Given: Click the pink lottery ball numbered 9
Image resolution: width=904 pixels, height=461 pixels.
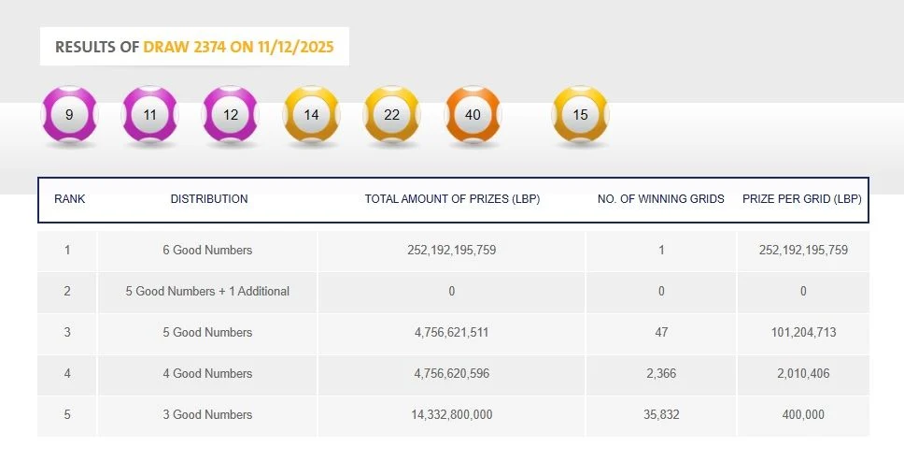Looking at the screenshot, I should tap(70, 115).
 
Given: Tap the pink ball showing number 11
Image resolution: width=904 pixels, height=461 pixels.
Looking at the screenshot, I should tap(150, 115).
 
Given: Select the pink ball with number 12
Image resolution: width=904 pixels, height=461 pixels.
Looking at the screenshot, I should tap(231, 115).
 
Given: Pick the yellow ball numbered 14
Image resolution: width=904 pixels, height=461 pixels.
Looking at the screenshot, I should tap(311, 115).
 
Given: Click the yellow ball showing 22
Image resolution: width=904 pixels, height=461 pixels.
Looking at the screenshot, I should tap(391, 115).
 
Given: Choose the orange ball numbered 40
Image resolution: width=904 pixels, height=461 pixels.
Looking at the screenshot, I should tap(473, 115).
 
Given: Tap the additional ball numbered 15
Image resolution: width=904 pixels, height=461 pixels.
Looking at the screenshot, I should tap(581, 115).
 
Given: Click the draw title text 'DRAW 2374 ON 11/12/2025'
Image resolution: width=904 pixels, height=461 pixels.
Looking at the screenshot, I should tap(238, 47).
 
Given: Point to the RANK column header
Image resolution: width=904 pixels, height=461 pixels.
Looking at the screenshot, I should tap(70, 199).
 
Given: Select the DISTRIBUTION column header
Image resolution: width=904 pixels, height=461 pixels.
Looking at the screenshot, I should tap(209, 199).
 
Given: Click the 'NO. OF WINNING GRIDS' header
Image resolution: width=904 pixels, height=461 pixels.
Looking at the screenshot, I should tap(661, 199).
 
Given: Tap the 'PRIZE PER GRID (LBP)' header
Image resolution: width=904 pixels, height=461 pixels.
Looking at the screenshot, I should tap(802, 199).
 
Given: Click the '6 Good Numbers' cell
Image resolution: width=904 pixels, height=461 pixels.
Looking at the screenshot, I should tap(207, 251).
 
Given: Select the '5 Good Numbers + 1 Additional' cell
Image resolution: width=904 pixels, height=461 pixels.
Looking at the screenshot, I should tap(207, 292).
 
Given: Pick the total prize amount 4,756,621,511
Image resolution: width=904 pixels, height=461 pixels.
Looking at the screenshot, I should tap(452, 333).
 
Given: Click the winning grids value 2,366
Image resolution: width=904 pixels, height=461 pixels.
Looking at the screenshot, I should tap(661, 374).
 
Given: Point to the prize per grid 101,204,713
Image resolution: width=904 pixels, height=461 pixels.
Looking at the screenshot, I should tap(803, 333).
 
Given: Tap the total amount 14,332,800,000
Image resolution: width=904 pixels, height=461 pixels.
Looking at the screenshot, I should tap(452, 415).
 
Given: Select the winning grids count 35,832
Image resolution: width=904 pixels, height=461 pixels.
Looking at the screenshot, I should tap(661, 415).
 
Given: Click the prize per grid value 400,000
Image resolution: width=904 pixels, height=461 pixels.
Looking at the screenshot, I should tap(803, 415).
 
